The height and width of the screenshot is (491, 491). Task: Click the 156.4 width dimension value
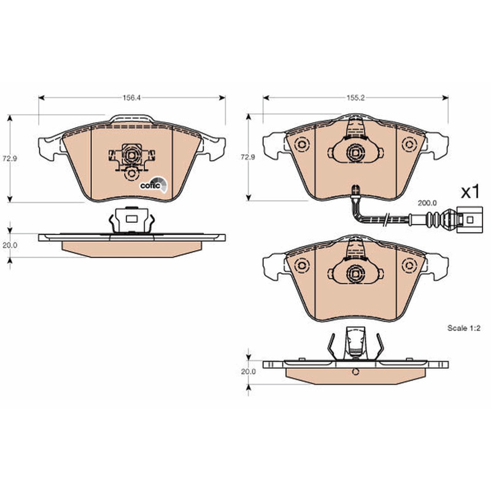click(x=131, y=98)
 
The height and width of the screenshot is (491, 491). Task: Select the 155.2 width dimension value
click(x=355, y=98)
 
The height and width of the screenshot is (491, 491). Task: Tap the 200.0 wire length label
click(x=427, y=203)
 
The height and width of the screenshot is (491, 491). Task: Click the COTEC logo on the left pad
click(x=153, y=185)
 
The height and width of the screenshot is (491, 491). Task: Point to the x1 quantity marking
click(x=470, y=191)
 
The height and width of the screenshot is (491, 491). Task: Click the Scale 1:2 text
click(x=464, y=328)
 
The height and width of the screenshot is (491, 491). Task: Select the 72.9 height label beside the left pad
click(x=10, y=158)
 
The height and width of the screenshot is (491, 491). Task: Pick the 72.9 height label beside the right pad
click(x=248, y=157)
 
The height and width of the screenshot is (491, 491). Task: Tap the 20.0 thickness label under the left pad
click(x=10, y=245)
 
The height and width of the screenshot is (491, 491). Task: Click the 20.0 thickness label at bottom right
click(x=249, y=372)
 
